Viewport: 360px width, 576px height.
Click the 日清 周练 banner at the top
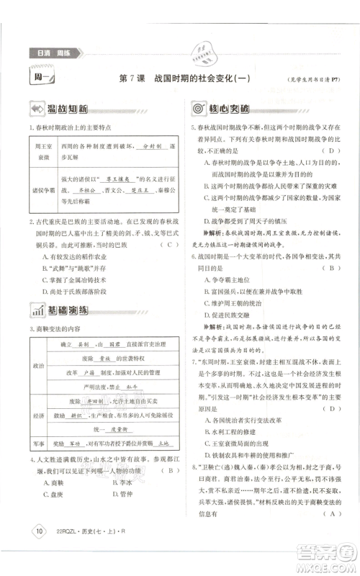click(x=54, y=53)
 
